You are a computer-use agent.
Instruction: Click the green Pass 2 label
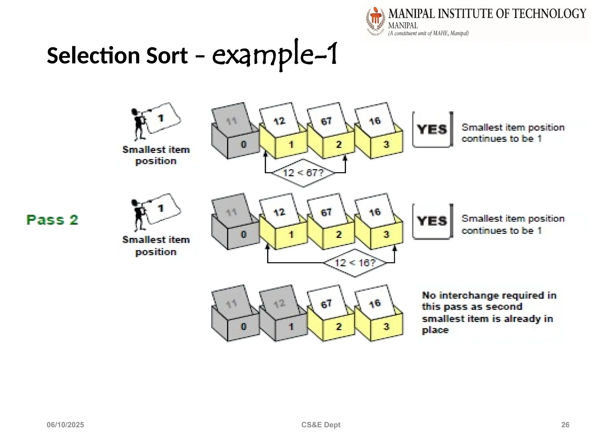tap(52, 220)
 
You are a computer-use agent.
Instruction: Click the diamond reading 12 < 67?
tap(303, 173)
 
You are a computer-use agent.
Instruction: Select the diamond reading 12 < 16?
tap(355, 263)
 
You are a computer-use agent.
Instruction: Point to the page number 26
tap(565, 425)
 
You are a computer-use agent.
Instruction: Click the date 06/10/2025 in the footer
tap(65, 425)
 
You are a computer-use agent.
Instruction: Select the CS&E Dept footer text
tap(321, 425)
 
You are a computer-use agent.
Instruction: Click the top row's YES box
tap(432, 130)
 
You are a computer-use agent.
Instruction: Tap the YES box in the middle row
tap(432, 221)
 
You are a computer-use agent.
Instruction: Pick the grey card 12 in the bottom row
tap(279, 303)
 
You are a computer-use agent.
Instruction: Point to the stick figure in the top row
tap(138, 124)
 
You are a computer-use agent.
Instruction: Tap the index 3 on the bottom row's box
tap(386, 327)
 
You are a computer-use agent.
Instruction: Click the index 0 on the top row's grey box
tap(244, 144)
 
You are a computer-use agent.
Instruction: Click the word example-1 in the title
tap(274, 54)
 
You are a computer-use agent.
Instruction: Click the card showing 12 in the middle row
tap(279, 212)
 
